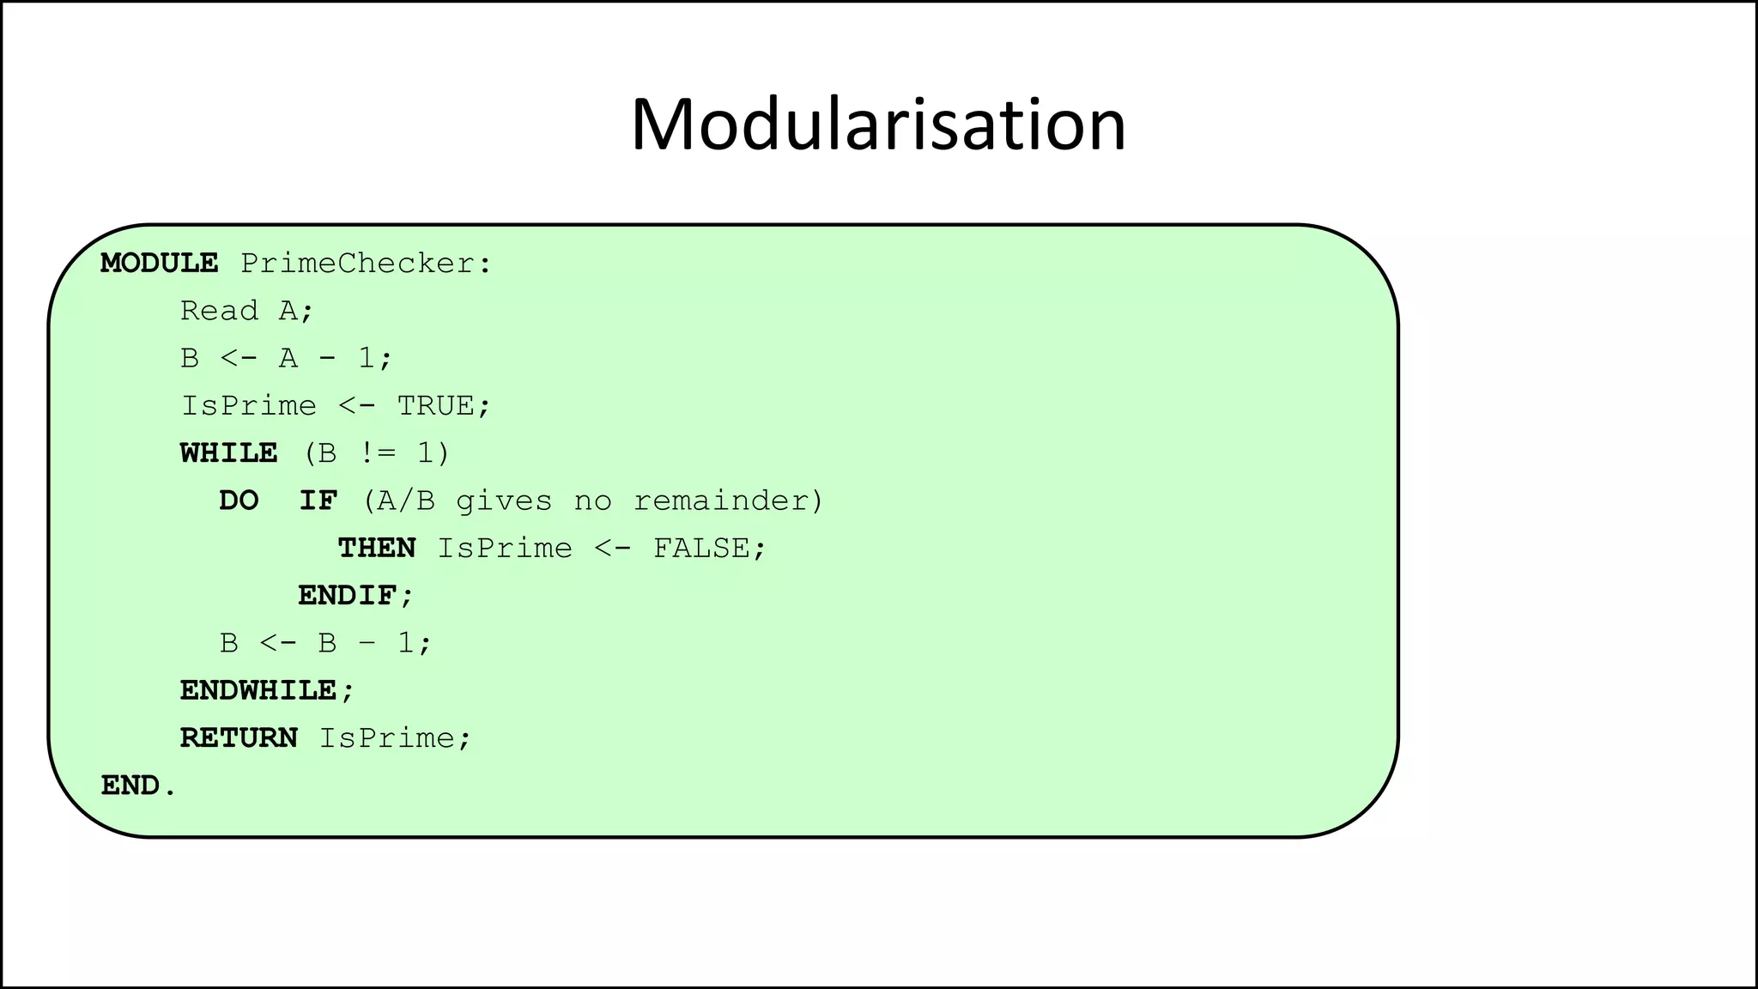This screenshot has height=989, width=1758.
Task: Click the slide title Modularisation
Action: (878, 125)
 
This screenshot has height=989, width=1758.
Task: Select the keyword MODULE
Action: (160, 263)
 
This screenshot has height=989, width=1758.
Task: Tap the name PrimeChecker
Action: (357, 263)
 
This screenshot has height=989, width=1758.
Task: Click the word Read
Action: (219, 311)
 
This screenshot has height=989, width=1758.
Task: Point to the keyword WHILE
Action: (228, 453)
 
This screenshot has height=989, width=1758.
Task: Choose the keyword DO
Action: (239, 501)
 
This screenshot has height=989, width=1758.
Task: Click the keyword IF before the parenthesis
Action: (318, 501)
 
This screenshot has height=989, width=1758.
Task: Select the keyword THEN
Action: (377, 548)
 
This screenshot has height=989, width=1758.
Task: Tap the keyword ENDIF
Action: (347, 596)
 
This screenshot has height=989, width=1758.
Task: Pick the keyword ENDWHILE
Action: (258, 690)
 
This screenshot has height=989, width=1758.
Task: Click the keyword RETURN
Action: (239, 738)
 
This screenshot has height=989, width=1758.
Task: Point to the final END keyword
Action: (130, 786)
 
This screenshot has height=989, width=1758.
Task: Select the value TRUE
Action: (435, 405)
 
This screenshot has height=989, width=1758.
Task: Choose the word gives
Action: (504, 501)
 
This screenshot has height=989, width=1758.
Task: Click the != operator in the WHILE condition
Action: (377, 453)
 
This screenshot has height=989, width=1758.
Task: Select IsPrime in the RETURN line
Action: (387, 738)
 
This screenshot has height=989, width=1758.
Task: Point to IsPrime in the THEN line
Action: (505, 548)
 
